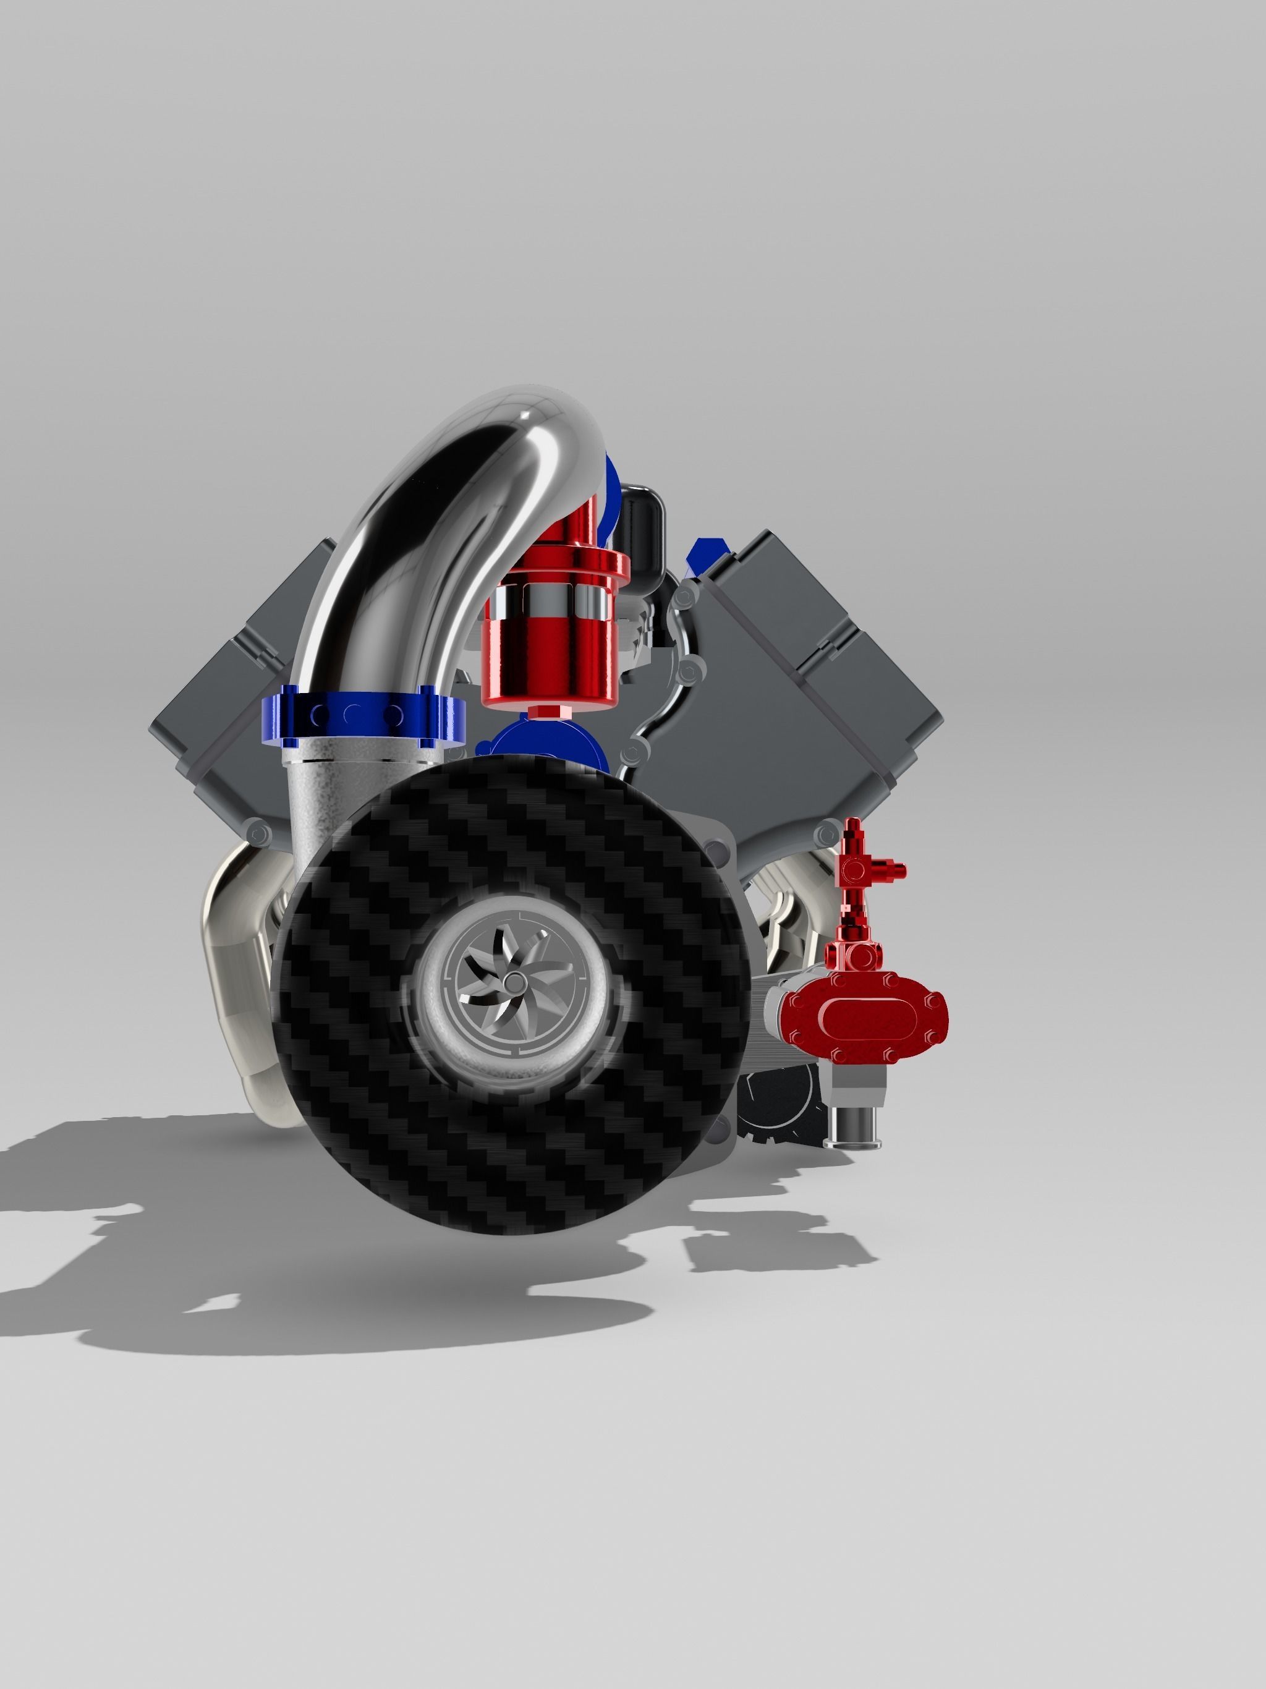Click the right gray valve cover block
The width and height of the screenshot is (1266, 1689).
point(825,649)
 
